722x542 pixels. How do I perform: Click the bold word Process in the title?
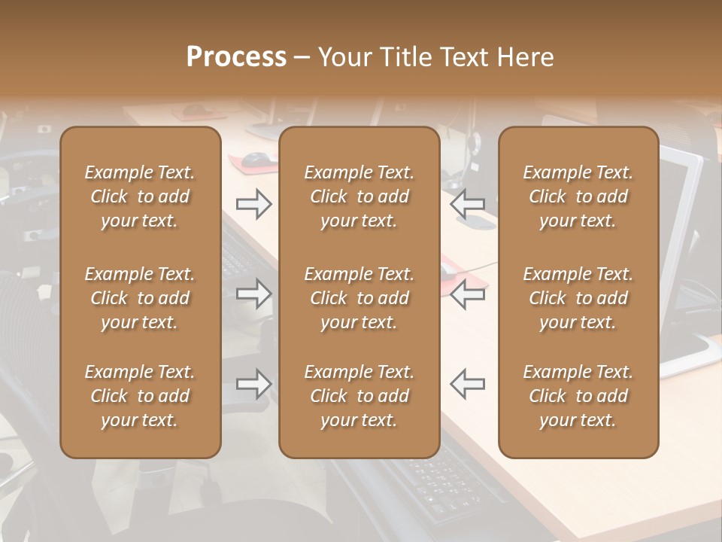(x=236, y=57)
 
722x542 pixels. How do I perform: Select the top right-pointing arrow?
(x=253, y=204)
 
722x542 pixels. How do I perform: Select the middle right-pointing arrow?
(x=253, y=294)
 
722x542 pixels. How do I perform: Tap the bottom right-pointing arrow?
(x=253, y=384)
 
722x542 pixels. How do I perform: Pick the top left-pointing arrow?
(x=467, y=204)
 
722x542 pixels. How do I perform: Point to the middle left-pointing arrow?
(x=467, y=294)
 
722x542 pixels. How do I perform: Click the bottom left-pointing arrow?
(x=467, y=384)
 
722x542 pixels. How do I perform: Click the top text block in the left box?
(x=140, y=196)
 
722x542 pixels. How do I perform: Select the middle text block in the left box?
(x=140, y=298)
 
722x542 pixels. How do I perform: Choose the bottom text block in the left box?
(x=140, y=396)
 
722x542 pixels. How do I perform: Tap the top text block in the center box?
(x=359, y=196)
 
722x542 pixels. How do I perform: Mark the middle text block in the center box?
(x=359, y=298)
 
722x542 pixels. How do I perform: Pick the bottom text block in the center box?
(x=359, y=396)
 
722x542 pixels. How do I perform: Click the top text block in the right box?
(x=578, y=196)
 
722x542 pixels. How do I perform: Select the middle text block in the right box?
(x=578, y=298)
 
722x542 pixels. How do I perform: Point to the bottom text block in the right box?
(x=578, y=396)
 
